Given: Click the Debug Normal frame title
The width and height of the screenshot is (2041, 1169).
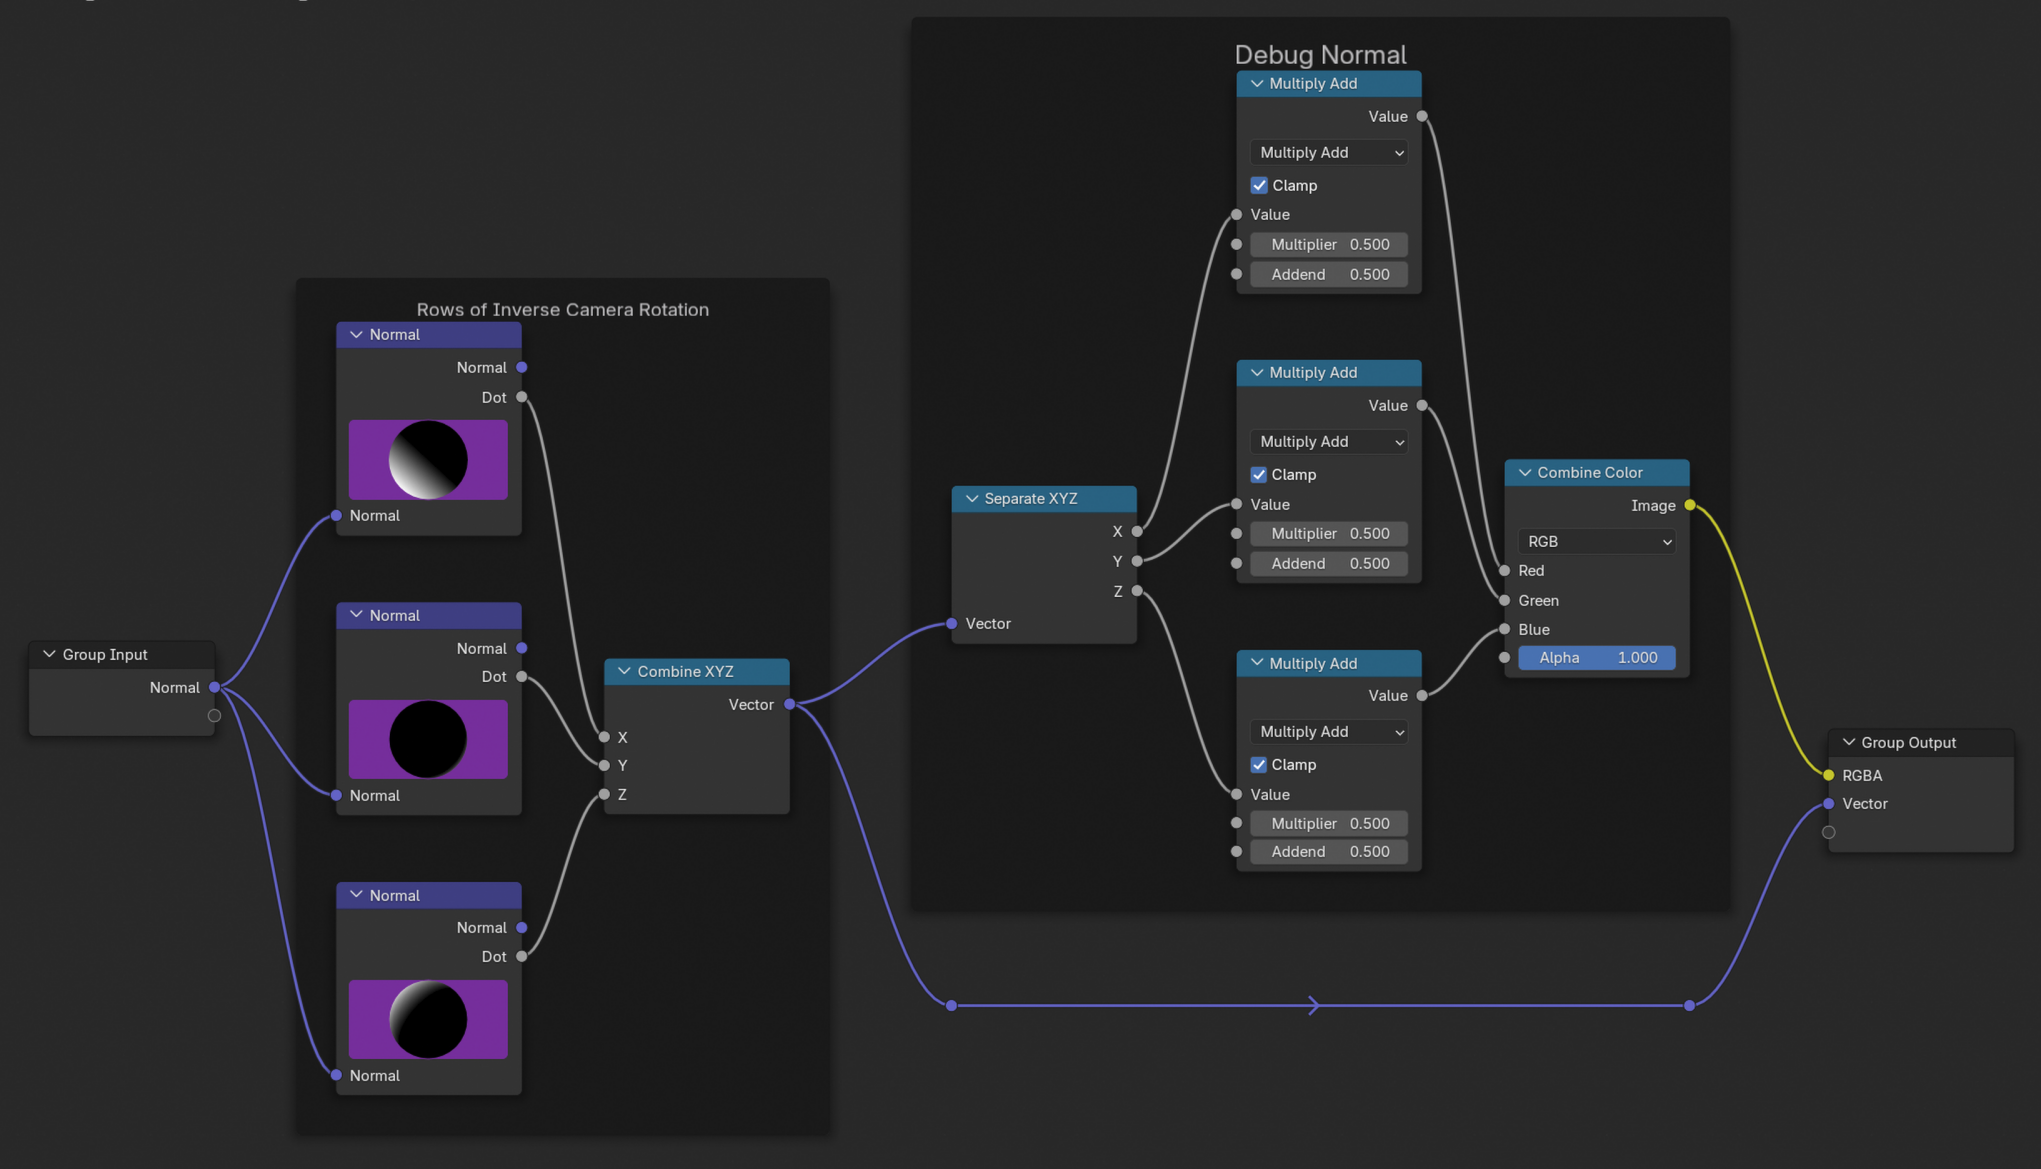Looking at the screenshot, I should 1320,54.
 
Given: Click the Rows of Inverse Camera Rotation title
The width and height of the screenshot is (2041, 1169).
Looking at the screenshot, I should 562,309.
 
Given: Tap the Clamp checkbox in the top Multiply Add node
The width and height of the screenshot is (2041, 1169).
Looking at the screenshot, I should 1259,185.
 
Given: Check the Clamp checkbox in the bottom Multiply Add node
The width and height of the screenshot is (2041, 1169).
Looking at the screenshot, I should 1259,764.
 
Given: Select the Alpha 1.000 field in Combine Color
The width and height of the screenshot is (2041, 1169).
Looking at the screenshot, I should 1596,657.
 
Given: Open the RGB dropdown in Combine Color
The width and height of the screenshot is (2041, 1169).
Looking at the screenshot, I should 1596,541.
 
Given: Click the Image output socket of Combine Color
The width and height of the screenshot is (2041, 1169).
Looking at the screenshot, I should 1690,505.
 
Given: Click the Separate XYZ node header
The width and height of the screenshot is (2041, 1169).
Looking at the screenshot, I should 1044,498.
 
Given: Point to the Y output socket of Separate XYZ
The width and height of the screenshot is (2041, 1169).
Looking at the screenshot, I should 1137,561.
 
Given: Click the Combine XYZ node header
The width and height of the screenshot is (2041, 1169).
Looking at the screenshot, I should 697,671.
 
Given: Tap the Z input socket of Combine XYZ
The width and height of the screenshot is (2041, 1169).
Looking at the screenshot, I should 604,794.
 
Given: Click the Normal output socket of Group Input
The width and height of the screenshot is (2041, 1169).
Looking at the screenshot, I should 214,687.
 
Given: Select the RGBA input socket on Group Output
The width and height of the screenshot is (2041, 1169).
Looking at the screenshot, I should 1829,775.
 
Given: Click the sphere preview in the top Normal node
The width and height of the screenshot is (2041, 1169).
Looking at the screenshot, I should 428,460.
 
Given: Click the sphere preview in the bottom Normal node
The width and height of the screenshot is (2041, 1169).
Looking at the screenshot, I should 428,1019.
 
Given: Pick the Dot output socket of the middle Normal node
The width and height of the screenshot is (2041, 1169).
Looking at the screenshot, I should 522,676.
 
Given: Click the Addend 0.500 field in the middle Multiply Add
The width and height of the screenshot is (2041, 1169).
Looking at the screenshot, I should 1329,563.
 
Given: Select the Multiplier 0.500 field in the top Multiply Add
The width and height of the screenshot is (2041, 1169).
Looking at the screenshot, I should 1329,244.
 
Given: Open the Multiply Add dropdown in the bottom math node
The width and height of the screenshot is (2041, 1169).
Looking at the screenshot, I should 1329,731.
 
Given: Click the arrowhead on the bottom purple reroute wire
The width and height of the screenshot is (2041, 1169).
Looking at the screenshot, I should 1314,1005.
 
